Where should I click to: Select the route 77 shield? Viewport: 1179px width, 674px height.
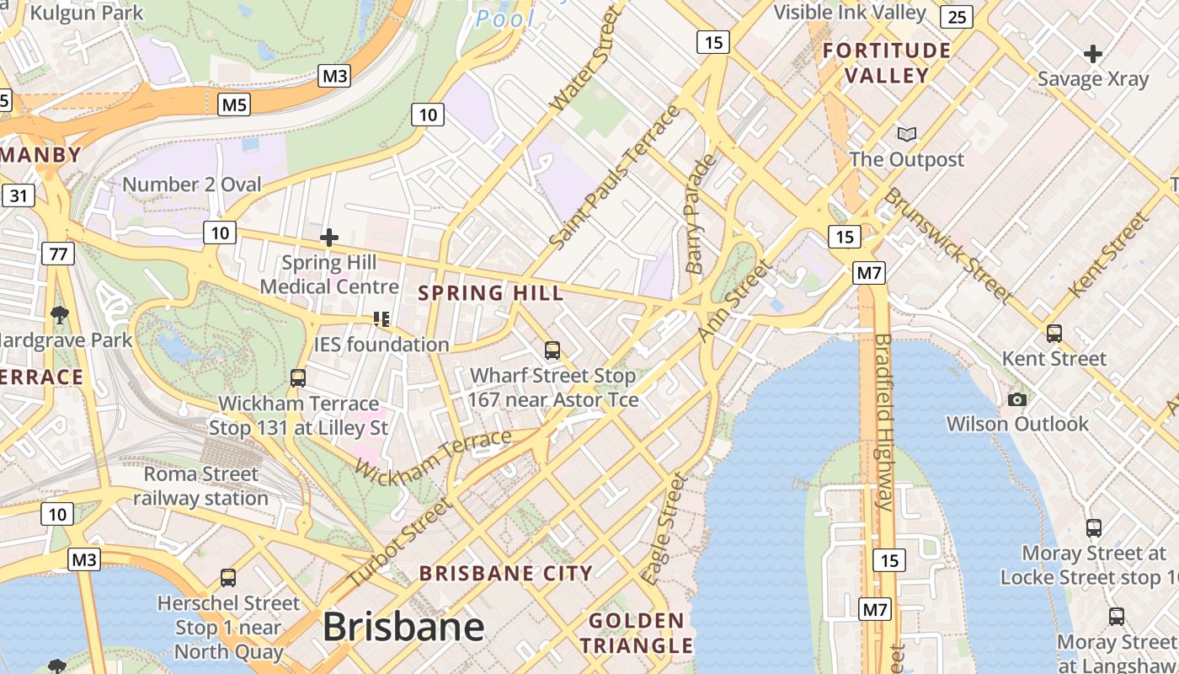pyautogui.click(x=58, y=254)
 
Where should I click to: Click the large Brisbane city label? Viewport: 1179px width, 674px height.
pyautogui.click(x=403, y=627)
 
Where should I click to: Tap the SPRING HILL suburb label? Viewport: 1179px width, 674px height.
pyautogui.click(x=491, y=293)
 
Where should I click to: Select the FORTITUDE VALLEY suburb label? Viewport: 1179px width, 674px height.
pyautogui.click(x=887, y=62)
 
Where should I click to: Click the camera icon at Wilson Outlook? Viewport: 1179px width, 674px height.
pyautogui.click(x=1017, y=399)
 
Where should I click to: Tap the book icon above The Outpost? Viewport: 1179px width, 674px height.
pyautogui.click(x=906, y=134)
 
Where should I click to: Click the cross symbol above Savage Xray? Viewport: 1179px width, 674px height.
pyautogui.click(x=1092, y=55)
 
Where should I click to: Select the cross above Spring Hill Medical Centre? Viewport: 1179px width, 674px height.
pyautogui.click(x=329, y=238)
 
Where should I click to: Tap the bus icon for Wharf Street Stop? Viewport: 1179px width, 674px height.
pyautogui.click(x=552, y=350)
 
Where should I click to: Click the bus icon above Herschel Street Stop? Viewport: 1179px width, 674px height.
pyautogui.click(x=228, y=578)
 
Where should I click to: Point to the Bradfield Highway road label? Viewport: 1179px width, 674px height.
pyautogui.click(x=883, y=421)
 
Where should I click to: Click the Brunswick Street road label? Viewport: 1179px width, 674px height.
pyautogui.click(x=947, y=244)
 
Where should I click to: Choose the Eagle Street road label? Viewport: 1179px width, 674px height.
pyautogui.click(x=664, y=529)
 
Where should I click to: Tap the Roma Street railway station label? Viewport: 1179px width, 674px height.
pyautogui.click(x=200, y=486)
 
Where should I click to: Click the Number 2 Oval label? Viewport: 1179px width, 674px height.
pyautogui.click(x=192, y=184)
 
